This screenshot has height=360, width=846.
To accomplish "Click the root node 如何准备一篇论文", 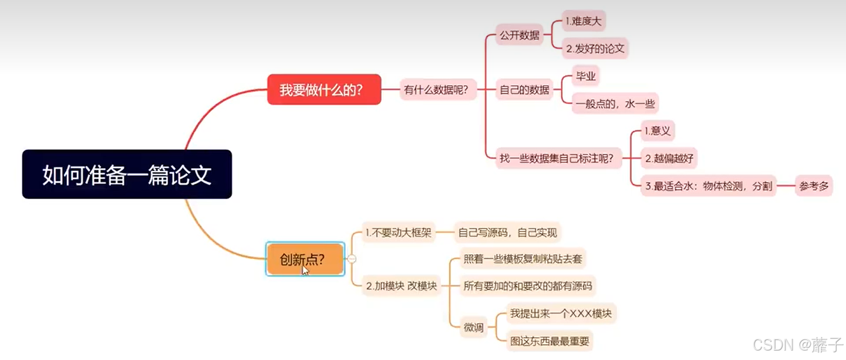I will tap(127, 174).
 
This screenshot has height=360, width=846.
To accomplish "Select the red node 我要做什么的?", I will tap(323, 90).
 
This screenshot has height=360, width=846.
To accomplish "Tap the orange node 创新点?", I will tap(305, 259).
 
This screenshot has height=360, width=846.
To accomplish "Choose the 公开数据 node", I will tap(520, 35).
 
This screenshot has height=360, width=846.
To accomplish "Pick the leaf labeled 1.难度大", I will tap(584, 21).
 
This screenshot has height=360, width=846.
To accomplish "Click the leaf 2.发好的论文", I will tap(595, 49).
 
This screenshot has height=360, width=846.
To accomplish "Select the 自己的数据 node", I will tap(524, 90).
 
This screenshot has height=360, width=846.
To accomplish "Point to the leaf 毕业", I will tap(586, 76).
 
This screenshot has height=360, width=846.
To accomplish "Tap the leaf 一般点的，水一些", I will tap(615, 104).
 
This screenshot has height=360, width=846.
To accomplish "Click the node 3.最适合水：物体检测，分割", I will tap(709, 186).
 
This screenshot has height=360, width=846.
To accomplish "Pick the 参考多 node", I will tap(813, 186).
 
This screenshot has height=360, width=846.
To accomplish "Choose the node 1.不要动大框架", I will tap(398, 233).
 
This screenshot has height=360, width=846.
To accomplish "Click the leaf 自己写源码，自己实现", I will tap(507, 233).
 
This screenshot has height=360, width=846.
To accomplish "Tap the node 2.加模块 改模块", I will tap(401, 287).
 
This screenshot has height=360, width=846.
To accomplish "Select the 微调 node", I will tap(474, 327).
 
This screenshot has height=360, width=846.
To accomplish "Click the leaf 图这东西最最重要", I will tap(550, 340).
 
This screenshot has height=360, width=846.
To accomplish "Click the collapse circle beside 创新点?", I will tap(352, 259).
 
